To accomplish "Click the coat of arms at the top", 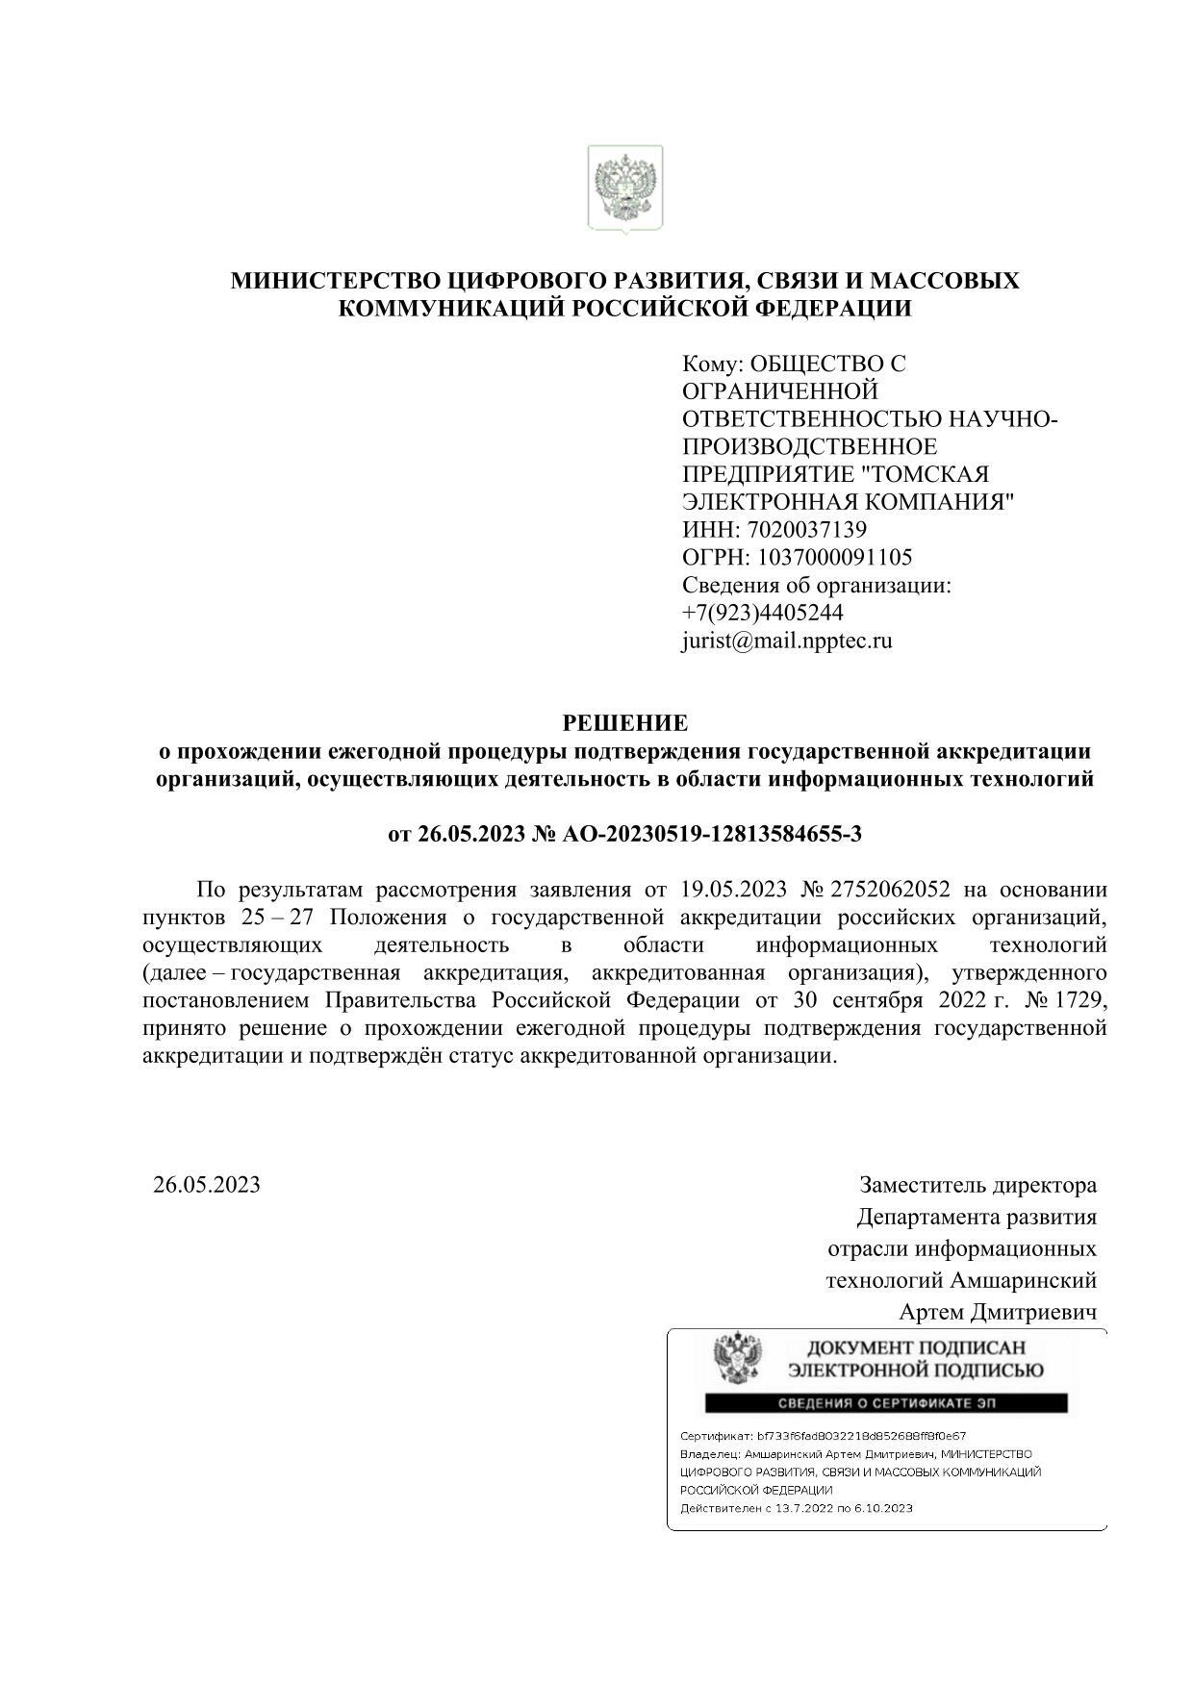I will click(x=625, y=189).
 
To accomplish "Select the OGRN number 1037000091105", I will click(x=835, y=558).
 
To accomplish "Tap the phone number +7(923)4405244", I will click(x=762, y=613).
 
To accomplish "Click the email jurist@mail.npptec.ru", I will click(x=786, y=641).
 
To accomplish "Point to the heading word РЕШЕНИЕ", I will click(x=624, y=722).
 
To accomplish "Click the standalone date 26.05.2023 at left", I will click(x=207, y=1184).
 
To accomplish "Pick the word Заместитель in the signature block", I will click(x=921, y=1185).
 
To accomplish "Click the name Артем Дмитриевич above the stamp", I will click(x=998, y=1312).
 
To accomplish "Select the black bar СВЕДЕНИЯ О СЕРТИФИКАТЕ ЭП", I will click(x=886, y=1403).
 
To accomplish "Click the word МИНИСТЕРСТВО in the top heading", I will click(x=337, y=282).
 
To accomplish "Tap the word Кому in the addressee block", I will click(x=711, y=365).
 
